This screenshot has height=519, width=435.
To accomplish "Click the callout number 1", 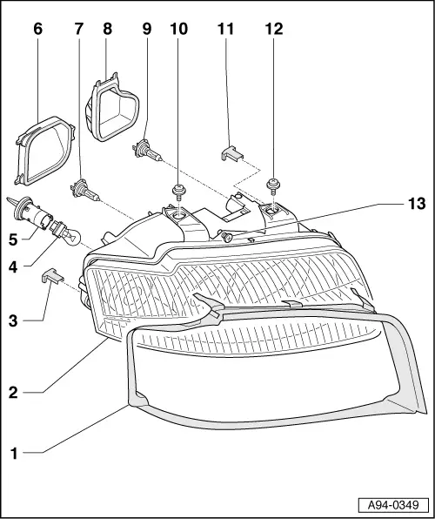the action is (x=14, y=454).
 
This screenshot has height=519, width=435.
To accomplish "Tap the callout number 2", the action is (x=13, y=393).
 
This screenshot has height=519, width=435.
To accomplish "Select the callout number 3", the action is (x=13, y=320).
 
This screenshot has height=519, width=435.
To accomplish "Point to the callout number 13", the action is (x=417, y=203).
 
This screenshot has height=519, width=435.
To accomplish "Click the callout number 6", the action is (x=38, y=29).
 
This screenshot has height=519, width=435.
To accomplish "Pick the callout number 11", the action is (x=225, y=29).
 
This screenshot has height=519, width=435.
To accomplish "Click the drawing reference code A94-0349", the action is (x=393, y=505).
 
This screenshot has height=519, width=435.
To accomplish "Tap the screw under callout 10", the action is (x=178, y=192).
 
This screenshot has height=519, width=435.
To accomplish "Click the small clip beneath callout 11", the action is (x=232, y=154).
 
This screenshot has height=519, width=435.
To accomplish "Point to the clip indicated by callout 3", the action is (x=52, y=276).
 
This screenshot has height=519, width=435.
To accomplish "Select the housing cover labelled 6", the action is (x=44, y=151).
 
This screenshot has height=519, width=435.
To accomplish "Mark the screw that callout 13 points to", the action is (x=226, y=236).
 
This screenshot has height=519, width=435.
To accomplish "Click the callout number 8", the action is (x=108, y=29).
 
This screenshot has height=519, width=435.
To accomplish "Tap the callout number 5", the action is (x=13, y=239).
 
